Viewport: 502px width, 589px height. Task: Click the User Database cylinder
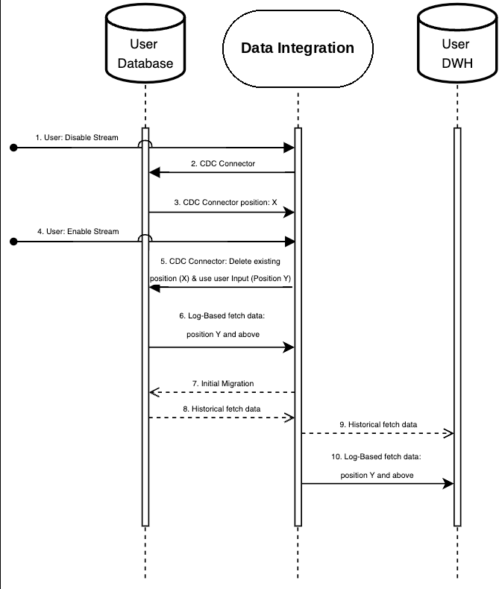[145, 43]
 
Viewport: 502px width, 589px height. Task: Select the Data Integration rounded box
[298, 48]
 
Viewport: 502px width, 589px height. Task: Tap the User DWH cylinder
[457, 43]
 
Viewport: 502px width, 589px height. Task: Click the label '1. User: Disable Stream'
[77, 137]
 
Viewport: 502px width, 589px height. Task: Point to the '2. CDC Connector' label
[223, 163]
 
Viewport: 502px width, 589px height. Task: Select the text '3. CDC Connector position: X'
[225, 202]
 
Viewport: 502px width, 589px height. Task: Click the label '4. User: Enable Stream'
[78, 231]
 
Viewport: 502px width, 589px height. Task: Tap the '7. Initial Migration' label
[223, 383]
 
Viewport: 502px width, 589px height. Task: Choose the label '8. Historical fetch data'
[222, 409]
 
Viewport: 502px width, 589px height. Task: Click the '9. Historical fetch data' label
[378, 424]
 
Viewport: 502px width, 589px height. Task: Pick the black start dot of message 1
[13, 148]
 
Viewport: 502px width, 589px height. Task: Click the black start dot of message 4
[13, 242]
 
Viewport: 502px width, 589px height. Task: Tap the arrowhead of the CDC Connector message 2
[154, 172]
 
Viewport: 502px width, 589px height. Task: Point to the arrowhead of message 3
[289, 212]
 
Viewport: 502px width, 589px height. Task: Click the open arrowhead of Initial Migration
[154, 392]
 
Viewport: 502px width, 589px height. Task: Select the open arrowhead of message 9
[448, 433]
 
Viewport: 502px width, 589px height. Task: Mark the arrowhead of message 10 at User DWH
[448, 483]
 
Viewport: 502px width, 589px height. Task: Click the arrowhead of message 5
[154, 288]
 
